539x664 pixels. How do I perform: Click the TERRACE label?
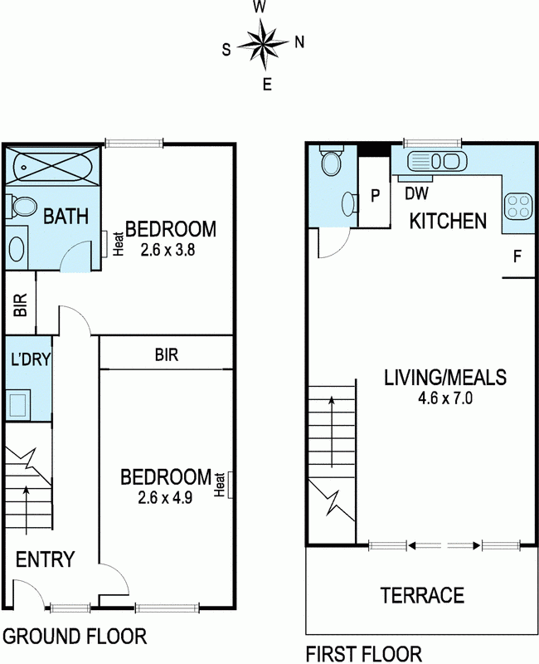(422, 595)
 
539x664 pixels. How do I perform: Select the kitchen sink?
(437, 161)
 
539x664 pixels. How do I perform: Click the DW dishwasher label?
(417, 193)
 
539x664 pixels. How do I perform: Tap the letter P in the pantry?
(375, 196)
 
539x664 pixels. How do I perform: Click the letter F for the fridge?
(517, 256)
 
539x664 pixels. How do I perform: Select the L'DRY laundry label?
(30, 359)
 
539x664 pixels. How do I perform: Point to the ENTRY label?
(45, 559)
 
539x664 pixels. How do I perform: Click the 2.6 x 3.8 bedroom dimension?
(168, 250)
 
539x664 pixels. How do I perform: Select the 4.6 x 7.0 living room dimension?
(445, 398)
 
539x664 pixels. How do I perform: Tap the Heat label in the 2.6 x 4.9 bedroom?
(219, 485)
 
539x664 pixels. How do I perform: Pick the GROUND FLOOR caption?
(75, 636)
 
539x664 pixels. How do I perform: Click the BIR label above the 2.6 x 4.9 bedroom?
(167, 354)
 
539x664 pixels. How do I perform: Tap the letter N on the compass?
(299, 42)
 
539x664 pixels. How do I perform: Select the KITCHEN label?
(449, 221)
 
